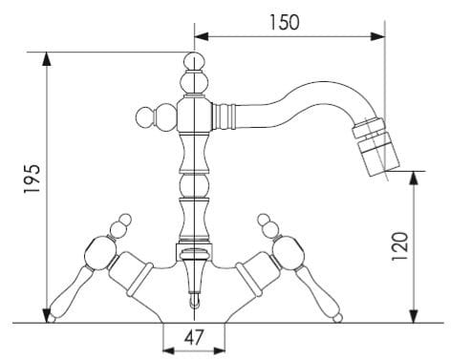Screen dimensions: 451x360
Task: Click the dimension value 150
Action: [x=285, y=22]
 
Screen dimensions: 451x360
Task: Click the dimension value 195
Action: [x=32, y=179]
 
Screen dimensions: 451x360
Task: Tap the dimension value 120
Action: [x=399, y=246]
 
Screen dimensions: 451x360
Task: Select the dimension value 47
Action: [x=194, y=337]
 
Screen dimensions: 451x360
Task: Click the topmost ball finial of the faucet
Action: [x=194, y=61]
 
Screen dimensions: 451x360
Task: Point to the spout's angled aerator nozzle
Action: [x=376, y=147]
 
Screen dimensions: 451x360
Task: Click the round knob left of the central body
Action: [x=145, y=117]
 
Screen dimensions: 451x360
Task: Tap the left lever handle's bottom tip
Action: [x=51, y=319]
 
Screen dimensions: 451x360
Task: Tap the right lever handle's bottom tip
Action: [x=338, y=318]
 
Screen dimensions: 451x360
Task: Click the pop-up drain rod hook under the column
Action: [x=194, y=302]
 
